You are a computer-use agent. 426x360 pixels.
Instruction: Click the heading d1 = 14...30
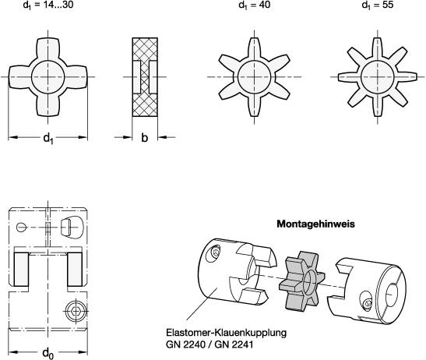(48, 5)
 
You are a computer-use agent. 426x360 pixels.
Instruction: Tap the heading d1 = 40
(255, 5)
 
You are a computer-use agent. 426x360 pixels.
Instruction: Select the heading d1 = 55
(378, 5)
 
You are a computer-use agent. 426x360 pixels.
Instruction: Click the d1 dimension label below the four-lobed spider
(48, 138)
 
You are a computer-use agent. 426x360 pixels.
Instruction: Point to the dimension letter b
(145, 138)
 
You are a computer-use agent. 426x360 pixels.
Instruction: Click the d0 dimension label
(48, 353)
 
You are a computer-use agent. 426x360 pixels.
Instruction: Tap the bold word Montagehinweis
(315, 224)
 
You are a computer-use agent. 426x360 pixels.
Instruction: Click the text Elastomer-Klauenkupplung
(226, 333)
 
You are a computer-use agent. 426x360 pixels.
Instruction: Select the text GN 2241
(234, 344)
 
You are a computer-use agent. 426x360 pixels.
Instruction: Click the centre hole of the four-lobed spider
(48, 77)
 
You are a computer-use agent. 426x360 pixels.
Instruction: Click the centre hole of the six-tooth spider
(255, 77)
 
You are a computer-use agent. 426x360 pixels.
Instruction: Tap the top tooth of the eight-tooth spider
(378, 49)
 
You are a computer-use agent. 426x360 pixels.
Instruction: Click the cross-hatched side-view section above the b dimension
(145, 77)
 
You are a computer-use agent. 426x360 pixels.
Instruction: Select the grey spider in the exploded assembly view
(301, 281)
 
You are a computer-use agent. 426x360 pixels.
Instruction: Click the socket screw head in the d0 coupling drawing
(76, 310)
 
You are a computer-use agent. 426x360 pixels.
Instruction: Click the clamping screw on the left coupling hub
(216, 253)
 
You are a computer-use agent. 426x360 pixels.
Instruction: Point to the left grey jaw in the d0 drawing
(22, 269)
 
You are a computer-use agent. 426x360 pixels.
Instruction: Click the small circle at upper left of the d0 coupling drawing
(21, 227)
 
